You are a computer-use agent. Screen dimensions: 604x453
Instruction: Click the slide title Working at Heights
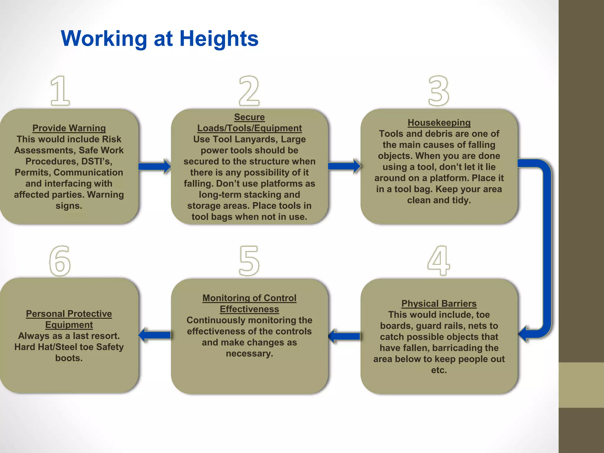click(x=160, y=39)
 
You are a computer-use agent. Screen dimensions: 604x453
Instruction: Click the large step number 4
click(x=439, y=260)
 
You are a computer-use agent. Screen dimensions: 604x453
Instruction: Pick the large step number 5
click(x=249, y=261)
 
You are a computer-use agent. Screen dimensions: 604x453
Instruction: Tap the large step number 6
click(x=60, y=261)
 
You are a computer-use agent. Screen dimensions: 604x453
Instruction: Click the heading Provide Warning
click(x=69, y=128)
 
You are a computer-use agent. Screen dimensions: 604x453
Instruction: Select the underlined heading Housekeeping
click(x=439, y=122)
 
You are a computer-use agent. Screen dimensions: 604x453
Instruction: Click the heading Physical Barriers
click(x=439, y=303)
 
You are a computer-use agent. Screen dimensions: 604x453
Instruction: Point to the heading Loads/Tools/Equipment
click(x=249, y=128)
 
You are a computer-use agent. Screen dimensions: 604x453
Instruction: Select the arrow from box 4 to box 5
click(x=344, y=336)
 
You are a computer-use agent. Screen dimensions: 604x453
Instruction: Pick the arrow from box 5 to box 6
click(x=155, y=335)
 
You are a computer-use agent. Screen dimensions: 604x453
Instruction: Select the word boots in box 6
click(x=68, y=358)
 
